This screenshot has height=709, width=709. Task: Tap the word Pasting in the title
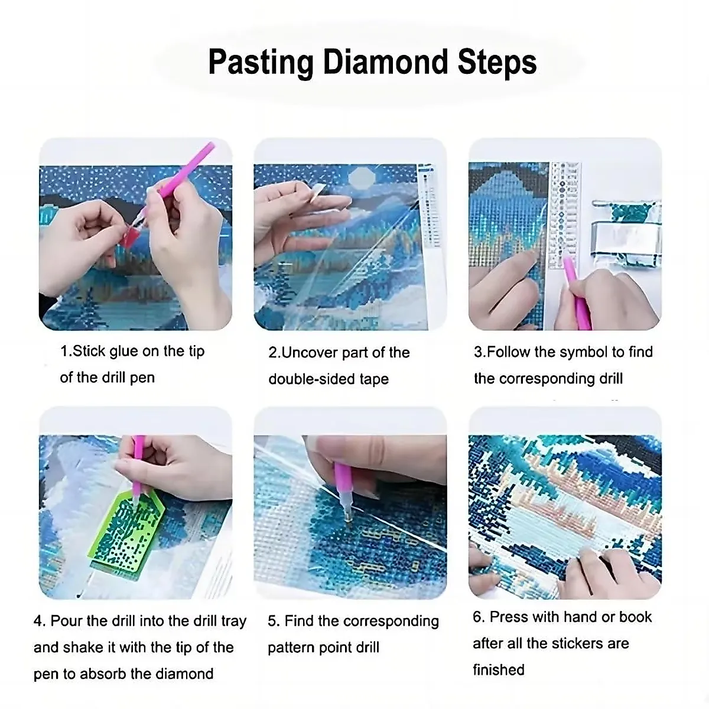[261, 62]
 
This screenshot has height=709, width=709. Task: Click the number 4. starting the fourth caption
[40, 621]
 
